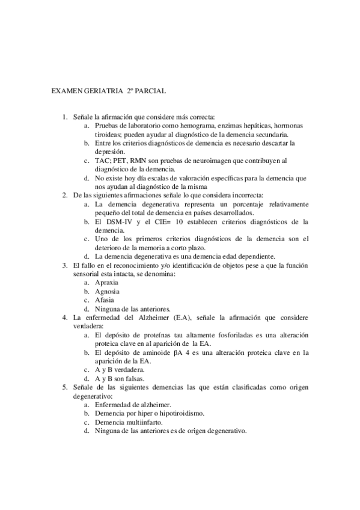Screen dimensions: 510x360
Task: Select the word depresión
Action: pyautogui.click(x=110, y=152)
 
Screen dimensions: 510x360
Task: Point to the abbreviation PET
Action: pyautogui.click(x=123, y=161)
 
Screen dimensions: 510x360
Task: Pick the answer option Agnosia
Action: pyautogui.click(x=108, y=291)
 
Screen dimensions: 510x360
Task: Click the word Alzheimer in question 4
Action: pyautogui.click(x=153, y=317)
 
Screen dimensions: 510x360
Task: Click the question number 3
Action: pyautogui.click(x=66, y=265)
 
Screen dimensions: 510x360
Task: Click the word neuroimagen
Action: pyautogui.click(x=213, y=161)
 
